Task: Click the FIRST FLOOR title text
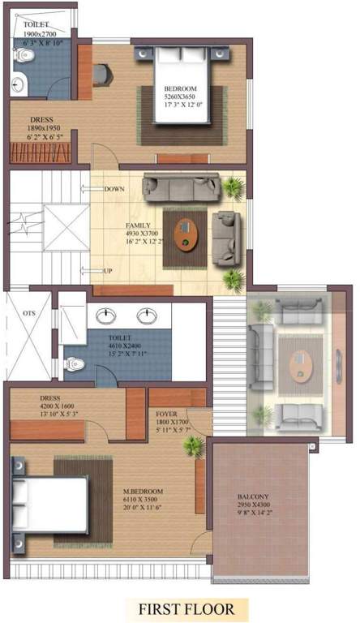click(186, 608)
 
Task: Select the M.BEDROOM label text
click(144, 492)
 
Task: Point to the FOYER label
click(167, 414)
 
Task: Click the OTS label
click(28, 313)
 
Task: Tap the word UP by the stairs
click(109, 270)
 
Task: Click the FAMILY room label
click(138, 224)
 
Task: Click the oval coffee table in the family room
click(188, 234)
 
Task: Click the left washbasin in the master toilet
click(106, 315)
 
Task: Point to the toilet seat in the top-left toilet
click(24, 54)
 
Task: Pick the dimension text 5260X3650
click(182, 97)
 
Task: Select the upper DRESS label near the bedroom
click(41, 119)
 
